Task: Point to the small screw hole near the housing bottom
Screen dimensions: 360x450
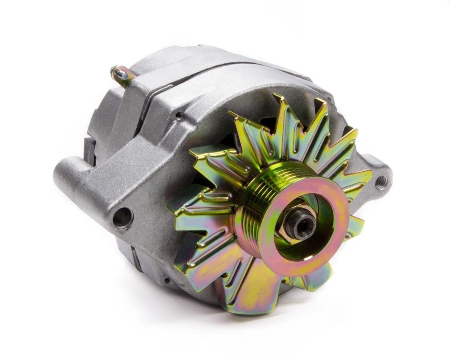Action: coord(166,280)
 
